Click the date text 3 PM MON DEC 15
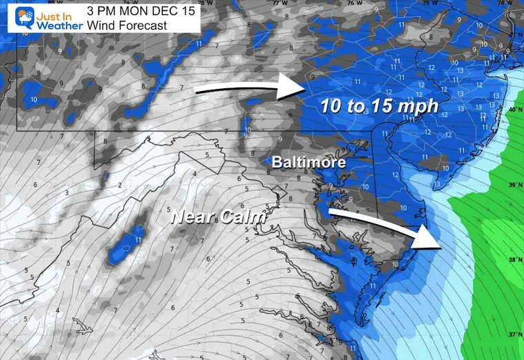pyautogui.click(x=141, y=11)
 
